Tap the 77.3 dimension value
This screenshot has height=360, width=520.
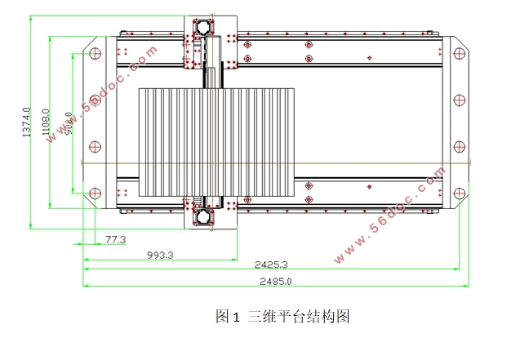pos(115,240)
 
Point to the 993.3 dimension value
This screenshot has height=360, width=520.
pos(160,255)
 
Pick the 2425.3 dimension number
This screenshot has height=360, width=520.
pos(270,264)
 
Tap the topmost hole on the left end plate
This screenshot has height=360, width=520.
pos(93,54)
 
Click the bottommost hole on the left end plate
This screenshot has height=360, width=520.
pos(93,193)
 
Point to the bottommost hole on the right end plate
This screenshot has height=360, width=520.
pos(460,193)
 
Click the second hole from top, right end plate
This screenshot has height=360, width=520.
pos(460,100)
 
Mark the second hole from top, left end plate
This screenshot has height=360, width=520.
pos(93,100)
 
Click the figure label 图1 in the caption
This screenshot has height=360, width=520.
pos(225,315)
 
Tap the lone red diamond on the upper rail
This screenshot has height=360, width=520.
pos(370,56)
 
